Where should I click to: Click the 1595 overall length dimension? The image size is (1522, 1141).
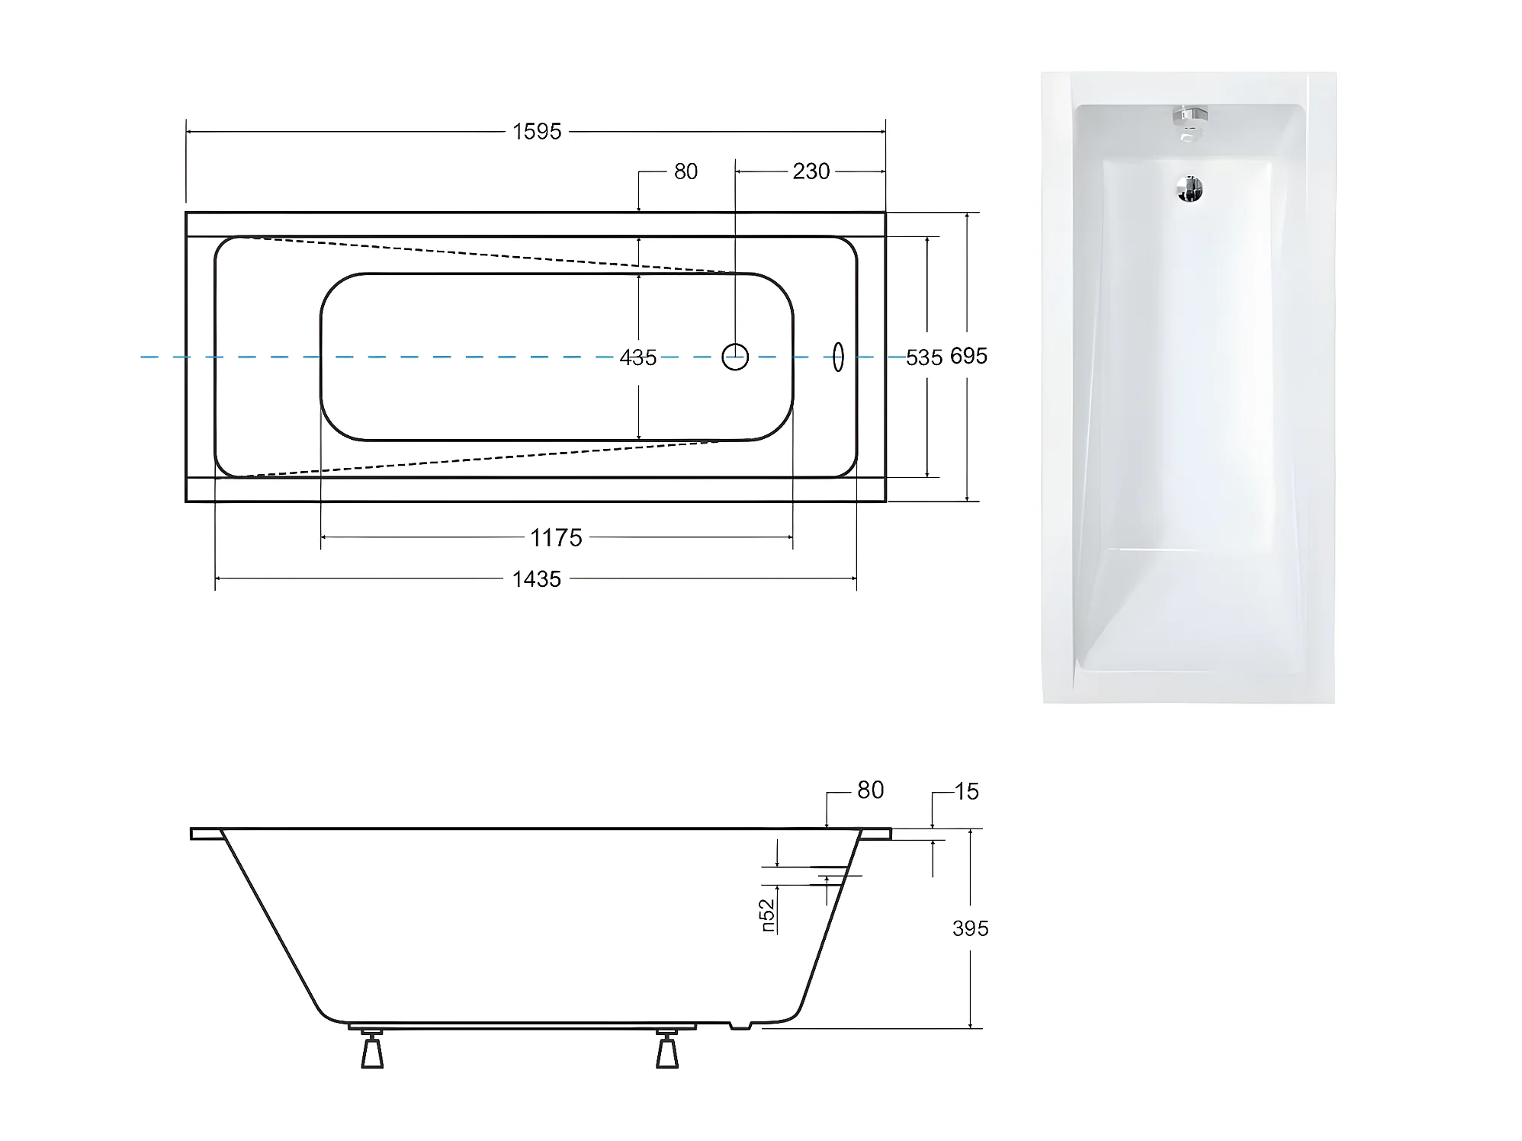tap(537, 132)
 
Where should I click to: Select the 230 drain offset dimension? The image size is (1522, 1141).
tap(811, 171)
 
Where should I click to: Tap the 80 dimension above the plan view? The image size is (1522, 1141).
tap(686, 171)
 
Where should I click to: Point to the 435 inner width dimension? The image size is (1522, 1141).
tap(638, 357)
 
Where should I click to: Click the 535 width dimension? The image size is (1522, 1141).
tap(924, 357)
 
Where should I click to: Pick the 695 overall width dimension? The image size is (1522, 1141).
tap(968, 356)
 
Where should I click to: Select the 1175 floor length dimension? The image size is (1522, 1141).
tap(556, 538)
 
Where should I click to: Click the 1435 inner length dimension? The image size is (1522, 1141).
tap(537, 579)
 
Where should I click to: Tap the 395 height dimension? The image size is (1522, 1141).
tap(970, 928)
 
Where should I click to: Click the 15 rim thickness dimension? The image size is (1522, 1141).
tap(966, 792)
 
